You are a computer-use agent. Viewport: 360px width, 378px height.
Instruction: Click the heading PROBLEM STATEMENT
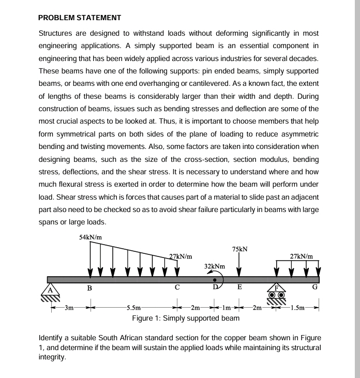click(80, 18)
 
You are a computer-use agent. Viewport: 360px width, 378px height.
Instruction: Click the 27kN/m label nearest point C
click(181, 256)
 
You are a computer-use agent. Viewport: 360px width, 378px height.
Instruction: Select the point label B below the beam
click(89, 288)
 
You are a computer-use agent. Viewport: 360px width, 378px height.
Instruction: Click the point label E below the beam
click(238, 288)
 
